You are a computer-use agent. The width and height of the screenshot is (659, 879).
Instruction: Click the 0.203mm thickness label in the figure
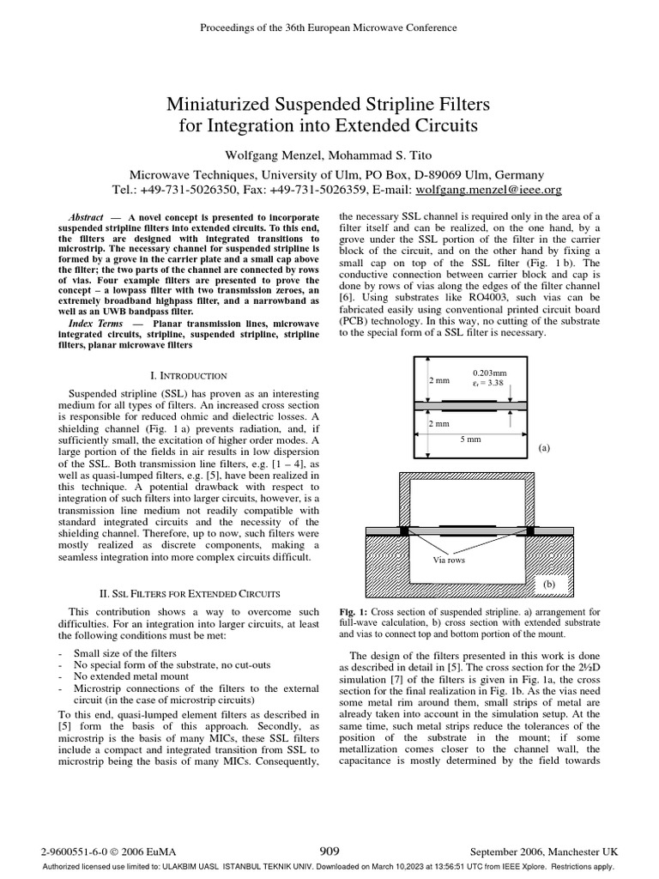pos(490,373)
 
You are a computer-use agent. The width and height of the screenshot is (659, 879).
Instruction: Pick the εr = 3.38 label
pos(489,384)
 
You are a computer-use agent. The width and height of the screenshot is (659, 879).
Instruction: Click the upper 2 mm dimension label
pos(438,379)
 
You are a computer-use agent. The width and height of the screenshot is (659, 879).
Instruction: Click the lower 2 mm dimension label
pos(438,424)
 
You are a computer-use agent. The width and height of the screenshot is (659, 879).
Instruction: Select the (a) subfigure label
pos(544,448)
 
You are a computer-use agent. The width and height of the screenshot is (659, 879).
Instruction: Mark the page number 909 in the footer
pos(329,851)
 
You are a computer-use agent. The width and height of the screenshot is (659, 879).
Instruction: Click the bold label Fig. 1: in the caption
pos(354,612)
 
